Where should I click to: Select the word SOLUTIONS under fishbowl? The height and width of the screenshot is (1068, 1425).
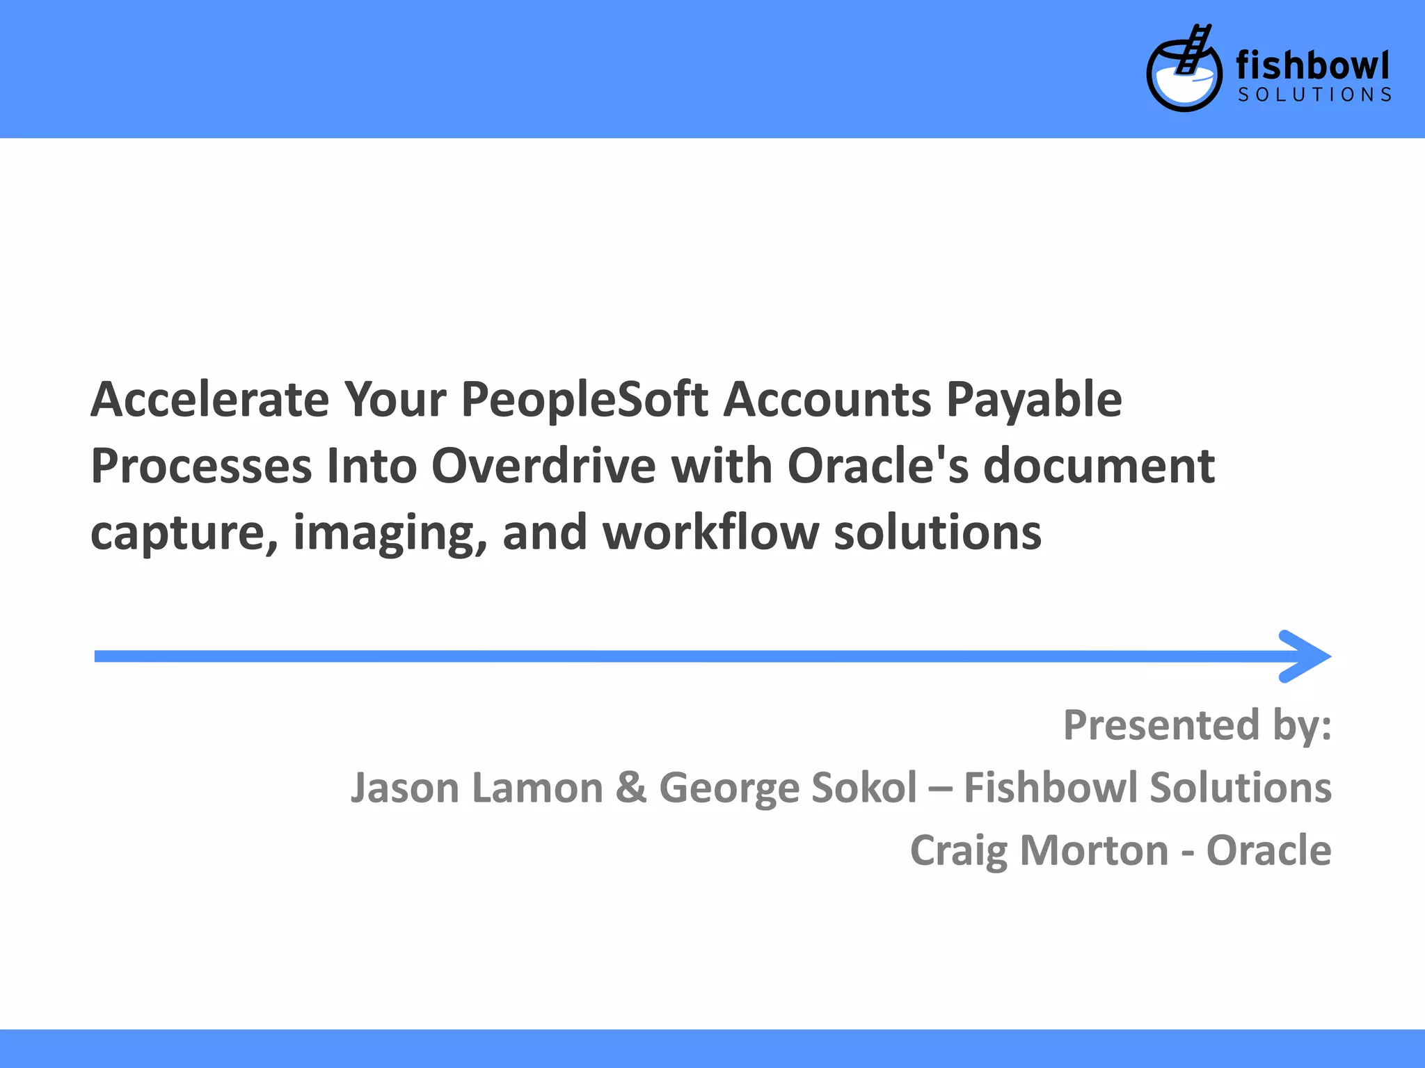pyautogui.click(x=1314, y=95)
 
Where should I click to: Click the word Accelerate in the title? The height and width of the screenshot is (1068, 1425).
pyautogui.click(x=209, y=400)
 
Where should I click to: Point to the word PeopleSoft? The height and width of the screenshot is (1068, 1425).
pyautogui.click(x=584, y=400)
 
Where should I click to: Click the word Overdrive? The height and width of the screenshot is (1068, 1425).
pyautogui.click(x=543, y=465)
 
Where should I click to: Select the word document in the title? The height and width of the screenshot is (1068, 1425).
pyautogui.click(x=1099, y=465)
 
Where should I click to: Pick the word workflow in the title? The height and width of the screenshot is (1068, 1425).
pyautogui.click(x=710, y=532)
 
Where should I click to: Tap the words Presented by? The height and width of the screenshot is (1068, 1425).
pyautogui.click(x=1197, y=725)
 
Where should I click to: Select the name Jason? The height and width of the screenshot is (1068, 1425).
pyautogui.click(x=404, y=788)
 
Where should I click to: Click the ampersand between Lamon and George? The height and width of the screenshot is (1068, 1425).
pyautogui.click(x=630, y=788)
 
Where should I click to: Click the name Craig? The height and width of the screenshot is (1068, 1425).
pyautogui.click(x=957, y=851)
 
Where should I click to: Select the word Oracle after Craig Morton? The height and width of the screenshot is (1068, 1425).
pyautogui.click(x=1268, y=850)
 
